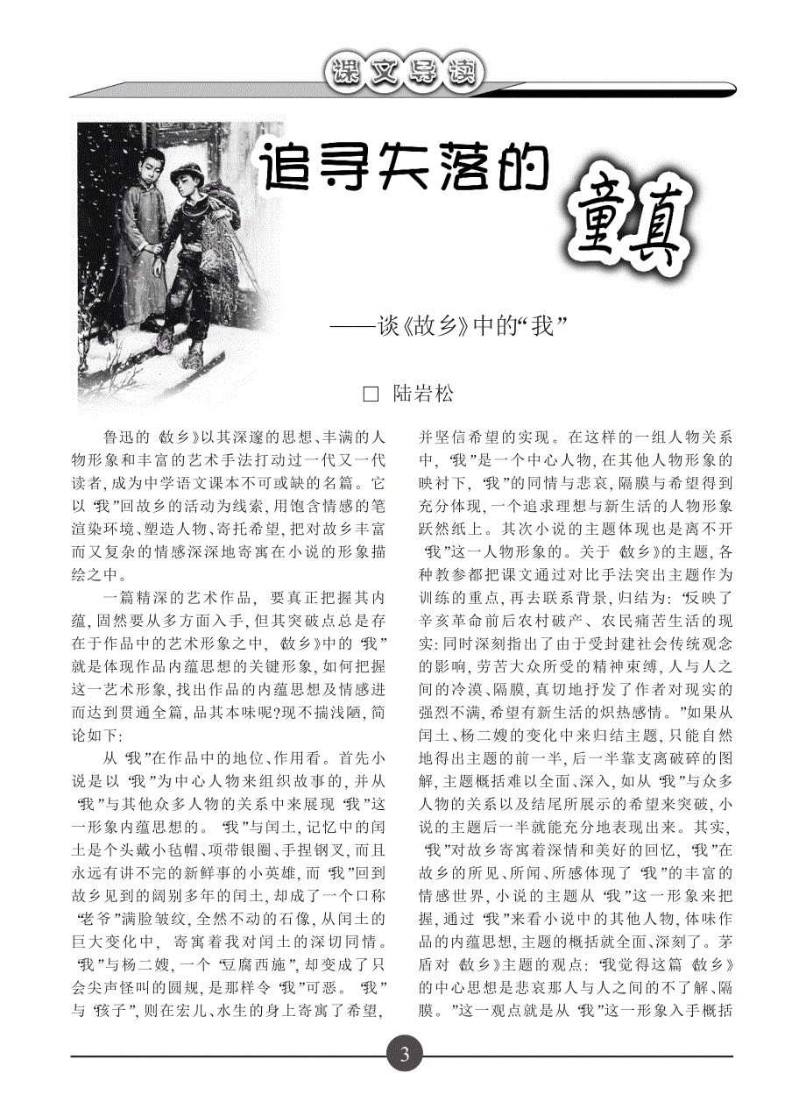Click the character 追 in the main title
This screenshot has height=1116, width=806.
[282, 166]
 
